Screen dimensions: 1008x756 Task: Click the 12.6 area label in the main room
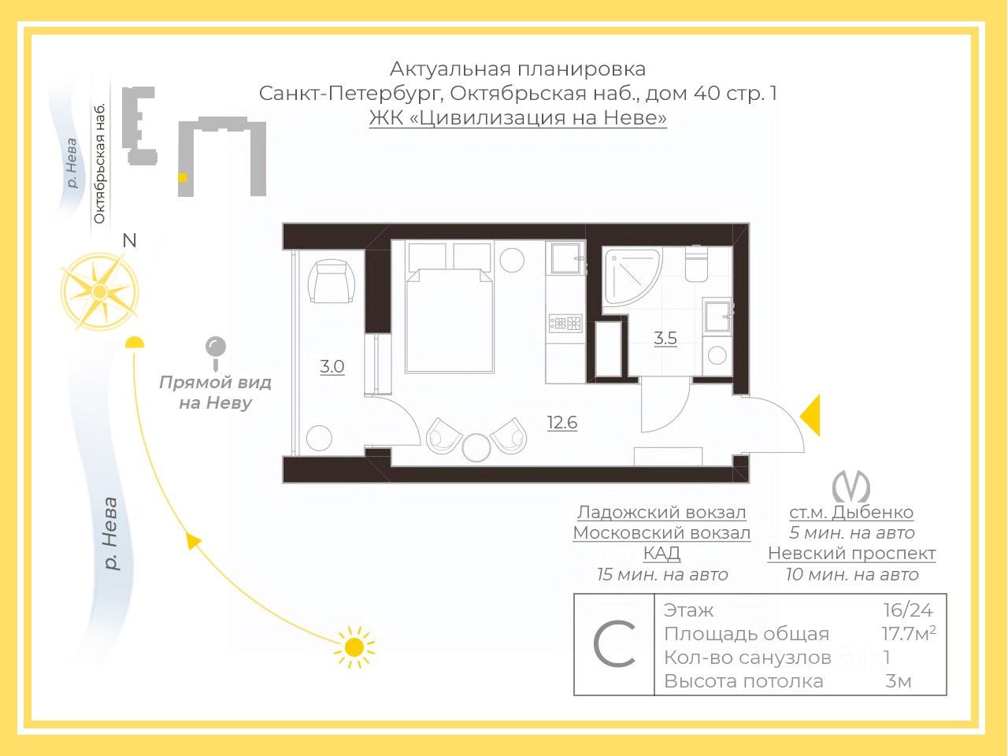[x=562, y=423]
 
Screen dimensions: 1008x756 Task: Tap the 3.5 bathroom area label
[x=665, y=339]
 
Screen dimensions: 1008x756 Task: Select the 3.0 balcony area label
[x=332, y=366]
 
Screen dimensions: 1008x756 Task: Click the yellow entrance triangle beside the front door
[x=811, y=415]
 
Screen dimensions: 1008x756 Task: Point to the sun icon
[x=354, y=647]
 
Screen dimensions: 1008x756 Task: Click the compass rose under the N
[x=99, y=292]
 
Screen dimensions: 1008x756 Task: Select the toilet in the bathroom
[x=696, y=265]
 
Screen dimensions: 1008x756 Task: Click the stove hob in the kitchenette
[x=565, y=323]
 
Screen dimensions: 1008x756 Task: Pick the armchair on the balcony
[x=332, y=282]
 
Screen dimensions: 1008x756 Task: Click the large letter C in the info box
[x=614, y=645]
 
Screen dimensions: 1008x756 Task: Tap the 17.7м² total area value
[x=908, y=633]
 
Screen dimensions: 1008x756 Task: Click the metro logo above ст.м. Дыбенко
[x=851, y=486]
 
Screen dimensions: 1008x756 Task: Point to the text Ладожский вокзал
[x=661, y=513]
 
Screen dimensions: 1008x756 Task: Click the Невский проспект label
[x=851, y=553]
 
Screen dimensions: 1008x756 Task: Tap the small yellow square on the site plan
[x=183, y=178]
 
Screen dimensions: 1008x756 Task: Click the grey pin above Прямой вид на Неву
[x=215, y=348]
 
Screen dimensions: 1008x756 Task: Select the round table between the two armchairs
[x=476, y=447]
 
